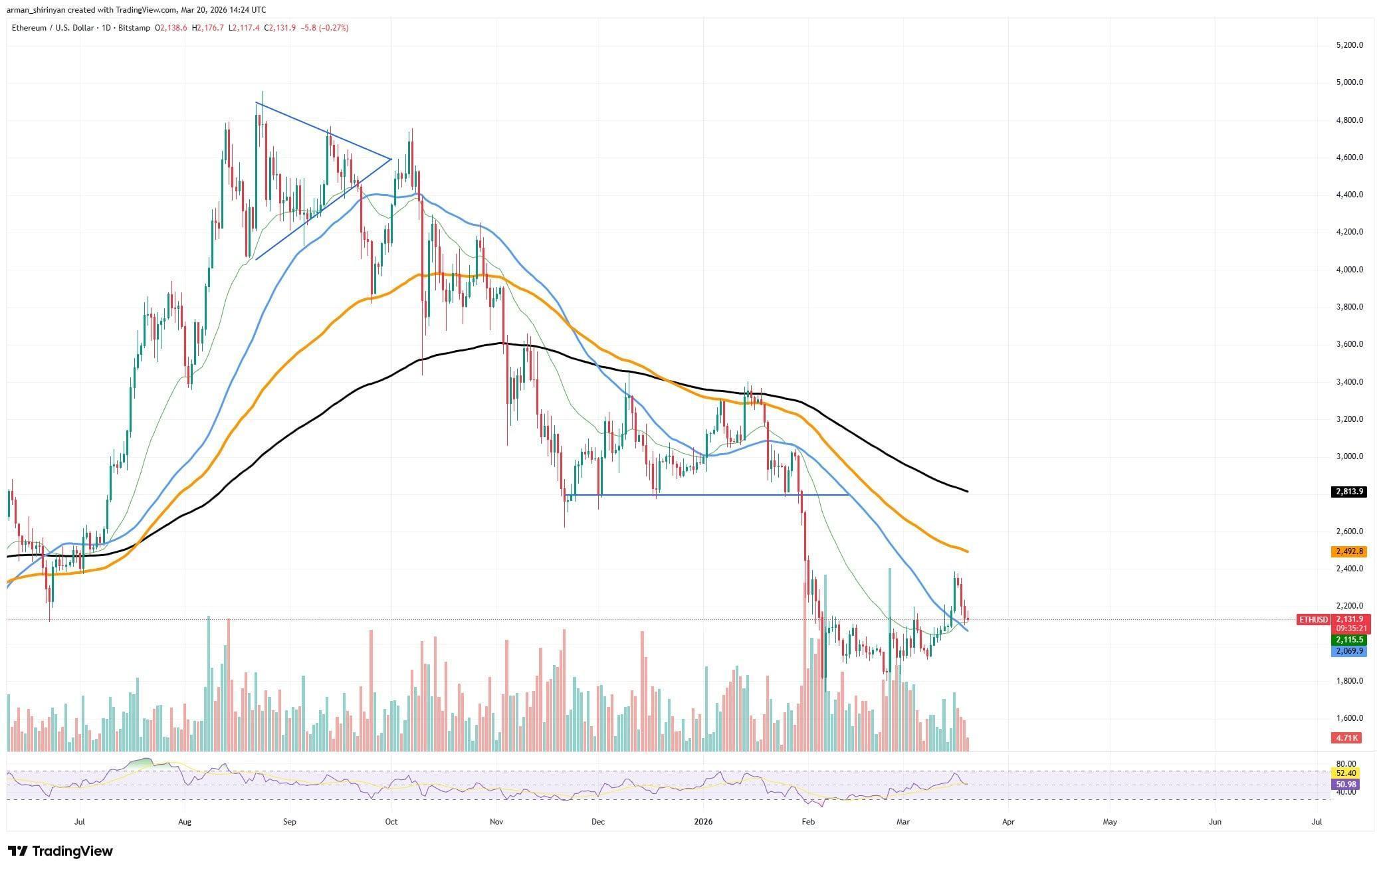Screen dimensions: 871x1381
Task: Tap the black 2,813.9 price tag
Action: pyautogui.click(x=1348, y=492)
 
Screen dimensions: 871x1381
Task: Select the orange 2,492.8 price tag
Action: pyautogui.click(x=1348, y=551)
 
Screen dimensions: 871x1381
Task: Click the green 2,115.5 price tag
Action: pyautogui.click(x=1348, y=640)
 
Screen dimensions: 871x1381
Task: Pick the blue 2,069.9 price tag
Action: pyautogui.click(x=1348, y=651)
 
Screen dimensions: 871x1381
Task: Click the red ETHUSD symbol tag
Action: pyautogui.click(x=1313, y=620)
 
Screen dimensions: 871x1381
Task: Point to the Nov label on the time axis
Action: pyautogui.click(x=496, y=822)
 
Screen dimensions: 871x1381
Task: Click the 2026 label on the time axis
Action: pyautogui.click(x=702, y=822)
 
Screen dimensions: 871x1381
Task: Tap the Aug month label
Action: pyautogui.click(x=185, y=822)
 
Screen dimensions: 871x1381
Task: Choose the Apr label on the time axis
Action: pyautogui.click(x=1008, y=822)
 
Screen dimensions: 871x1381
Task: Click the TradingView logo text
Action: pyautogui.click(x=72, y=851)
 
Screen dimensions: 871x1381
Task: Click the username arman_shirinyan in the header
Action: pyautogui.click(x=39, y=10)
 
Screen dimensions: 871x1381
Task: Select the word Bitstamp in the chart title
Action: pyautogui.click(x=133, y=28)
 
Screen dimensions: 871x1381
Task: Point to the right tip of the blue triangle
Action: pyautogui.click(x=390, y=158)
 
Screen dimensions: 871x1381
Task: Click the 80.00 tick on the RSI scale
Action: pyautogui.click(x=1345, y=764)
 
